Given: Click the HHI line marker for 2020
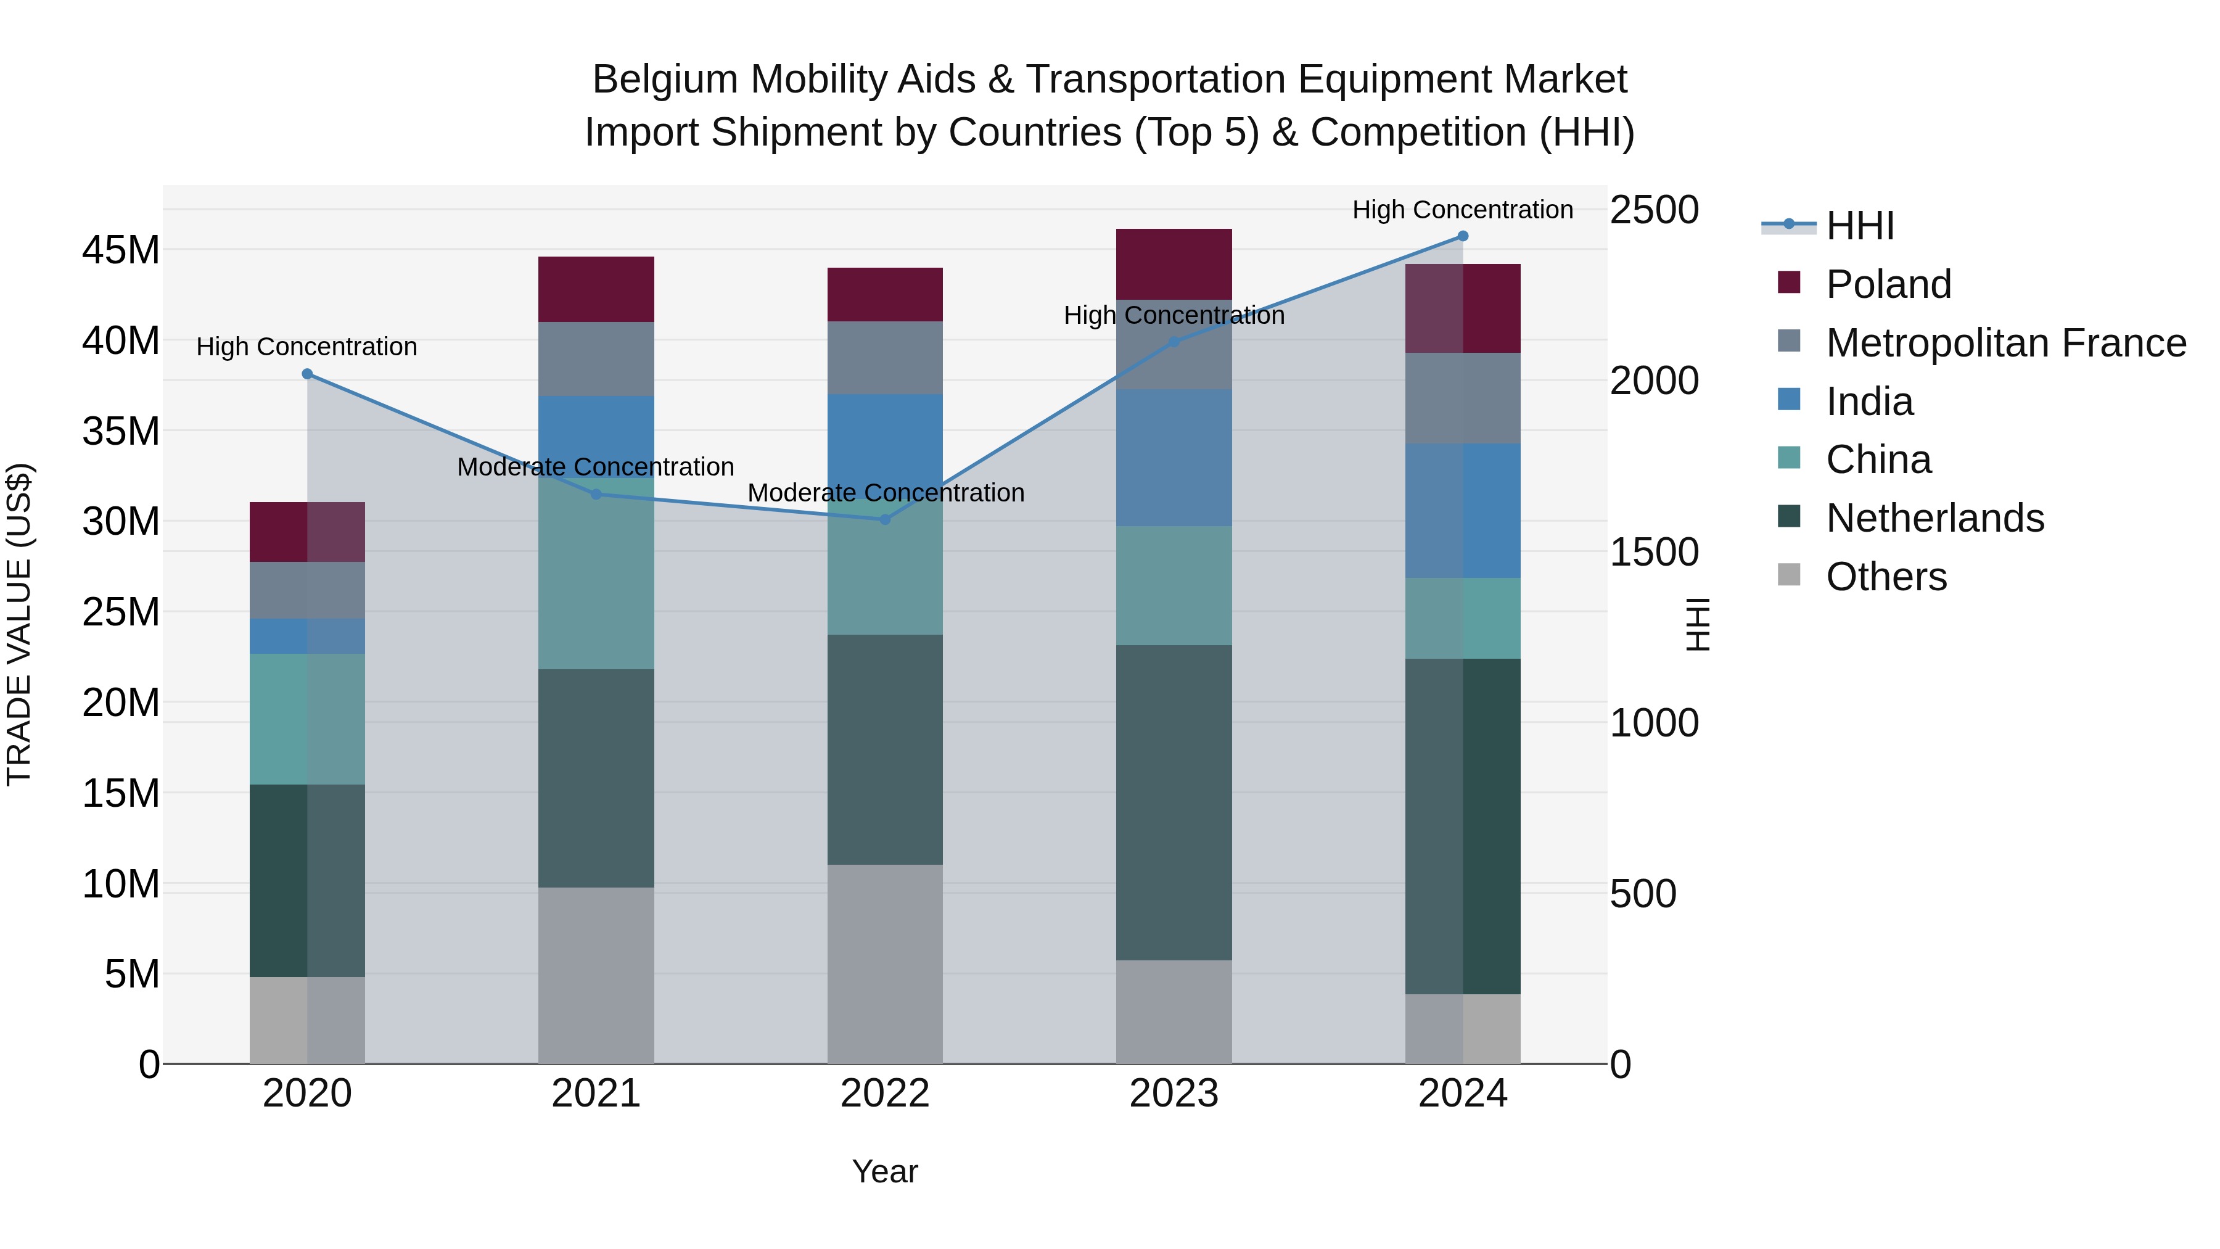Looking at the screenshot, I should [x=308, y=374].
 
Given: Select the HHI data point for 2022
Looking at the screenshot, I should [x=885, y=520].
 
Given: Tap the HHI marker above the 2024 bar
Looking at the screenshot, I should [x=1463, y=236].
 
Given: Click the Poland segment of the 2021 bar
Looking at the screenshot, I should [x=596, y=290].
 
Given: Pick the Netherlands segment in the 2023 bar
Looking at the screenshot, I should [x=1174, y=802].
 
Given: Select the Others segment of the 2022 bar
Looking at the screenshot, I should [x=885, y=963].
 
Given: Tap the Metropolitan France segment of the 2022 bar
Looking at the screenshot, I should [x=885, y=358].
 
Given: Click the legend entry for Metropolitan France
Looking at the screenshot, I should [x=2005, y=343].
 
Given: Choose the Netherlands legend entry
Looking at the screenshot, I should [x=1934, y=518].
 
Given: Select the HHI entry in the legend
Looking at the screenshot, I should [x=1860, y=226].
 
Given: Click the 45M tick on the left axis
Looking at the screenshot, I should [x=121, y=250].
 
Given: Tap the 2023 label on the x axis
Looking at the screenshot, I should [x=1174, y=1094].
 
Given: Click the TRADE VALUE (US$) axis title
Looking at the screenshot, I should [x=19, y=624].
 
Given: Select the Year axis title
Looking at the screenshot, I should [x=885, y=1171].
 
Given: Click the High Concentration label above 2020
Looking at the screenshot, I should [x=307, y=347].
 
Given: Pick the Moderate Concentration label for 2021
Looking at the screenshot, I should [x=596, y=467].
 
